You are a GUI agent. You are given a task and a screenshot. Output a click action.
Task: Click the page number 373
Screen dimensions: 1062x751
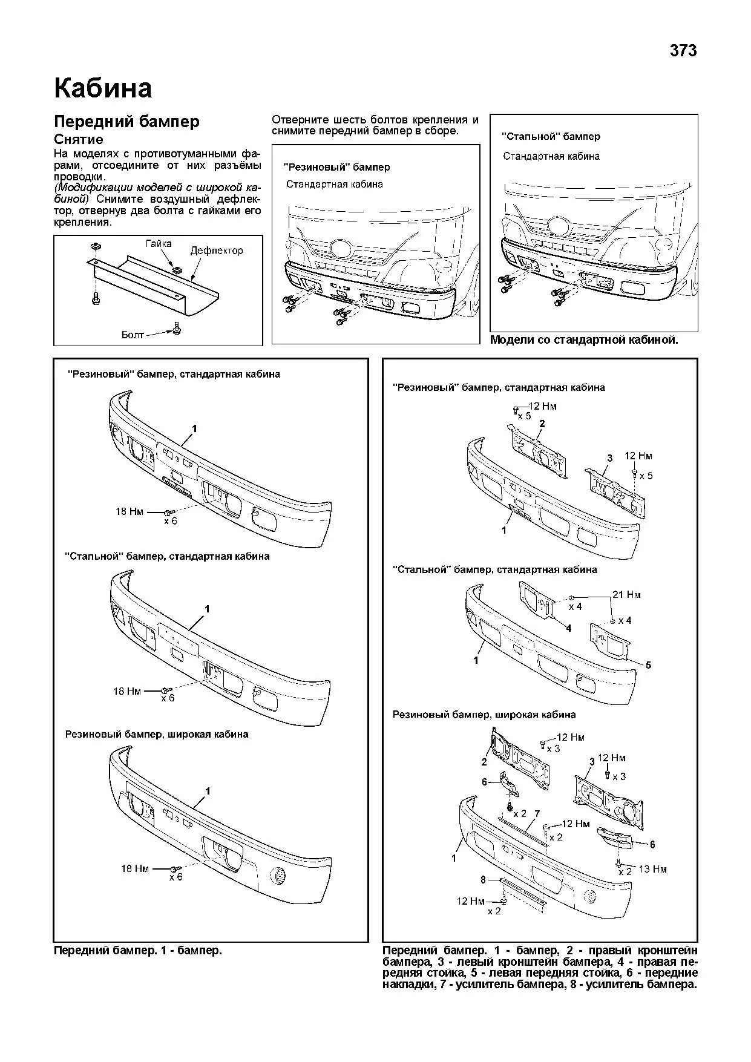[683, 51]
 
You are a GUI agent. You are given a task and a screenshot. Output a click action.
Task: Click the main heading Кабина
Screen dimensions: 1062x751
[103, 88]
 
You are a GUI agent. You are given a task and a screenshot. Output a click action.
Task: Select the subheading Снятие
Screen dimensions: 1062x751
[79, 140]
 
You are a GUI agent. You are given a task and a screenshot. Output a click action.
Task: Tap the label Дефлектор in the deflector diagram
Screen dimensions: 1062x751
[217, 251]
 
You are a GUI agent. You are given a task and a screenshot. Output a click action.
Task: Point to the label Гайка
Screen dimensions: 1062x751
[159, 243]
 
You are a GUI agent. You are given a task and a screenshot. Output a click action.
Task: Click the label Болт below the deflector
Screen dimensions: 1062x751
[133, 335]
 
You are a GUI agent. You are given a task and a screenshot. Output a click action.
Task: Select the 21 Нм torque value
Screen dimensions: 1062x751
[626, 595]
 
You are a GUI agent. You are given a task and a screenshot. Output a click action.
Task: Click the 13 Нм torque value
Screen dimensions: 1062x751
[652, 870]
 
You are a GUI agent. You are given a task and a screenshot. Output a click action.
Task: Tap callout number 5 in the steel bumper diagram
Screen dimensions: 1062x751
[648, 665]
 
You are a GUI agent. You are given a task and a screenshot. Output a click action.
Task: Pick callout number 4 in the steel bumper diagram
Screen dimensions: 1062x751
[568, 628]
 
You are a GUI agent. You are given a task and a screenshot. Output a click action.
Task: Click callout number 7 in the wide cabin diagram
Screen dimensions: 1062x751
[537, 814]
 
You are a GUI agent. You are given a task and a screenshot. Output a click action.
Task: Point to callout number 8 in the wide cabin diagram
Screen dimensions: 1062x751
[483, 880]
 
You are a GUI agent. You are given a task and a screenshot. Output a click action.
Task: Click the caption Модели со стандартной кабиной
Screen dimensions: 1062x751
[584, 340]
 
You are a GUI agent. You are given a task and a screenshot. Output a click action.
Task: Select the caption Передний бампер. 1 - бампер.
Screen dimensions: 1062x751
[138, 951]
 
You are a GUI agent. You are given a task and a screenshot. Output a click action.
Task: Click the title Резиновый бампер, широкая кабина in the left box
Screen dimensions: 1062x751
[157, 734]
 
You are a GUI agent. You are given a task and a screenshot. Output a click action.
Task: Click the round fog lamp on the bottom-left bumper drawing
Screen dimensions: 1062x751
[279, 875]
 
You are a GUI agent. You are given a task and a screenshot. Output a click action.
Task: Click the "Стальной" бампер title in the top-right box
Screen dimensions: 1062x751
[551, 137]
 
